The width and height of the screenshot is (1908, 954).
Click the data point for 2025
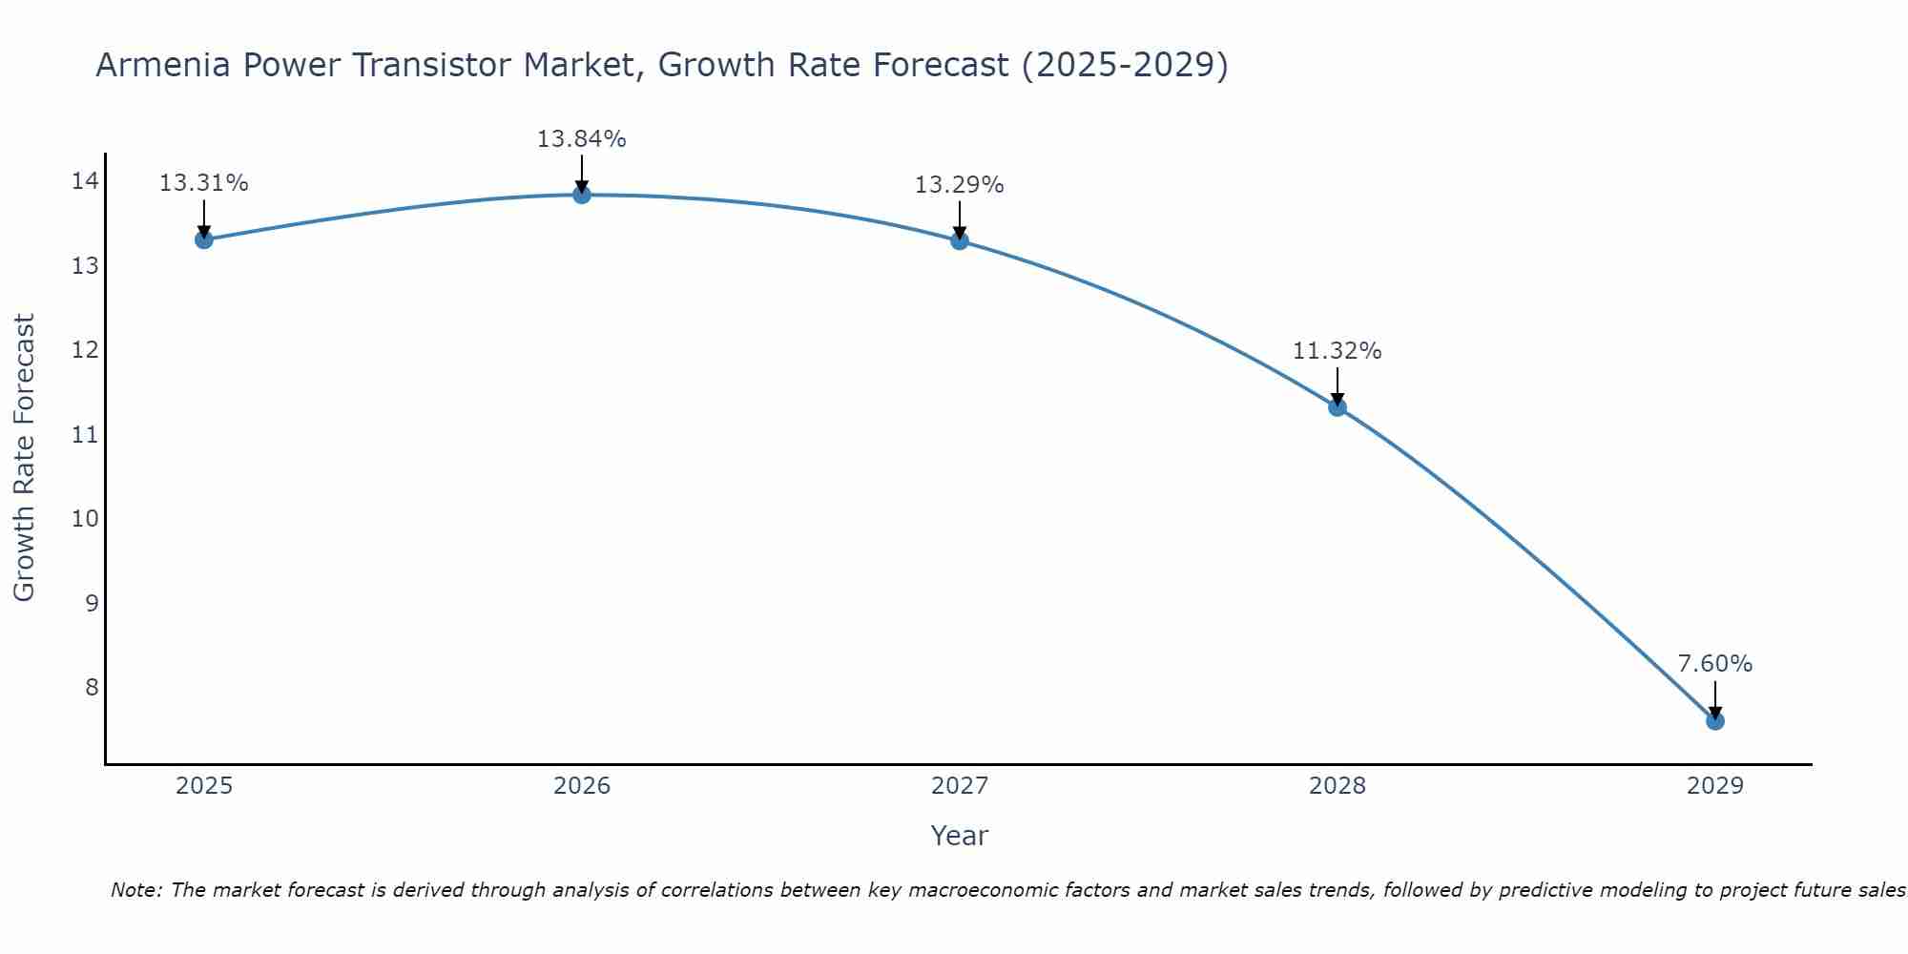(204, 239)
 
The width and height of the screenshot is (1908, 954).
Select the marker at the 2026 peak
(582, 195)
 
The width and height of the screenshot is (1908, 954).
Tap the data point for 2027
(960, 241)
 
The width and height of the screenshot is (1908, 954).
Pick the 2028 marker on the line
(1338, 407)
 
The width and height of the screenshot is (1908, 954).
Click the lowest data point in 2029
(1715, 721)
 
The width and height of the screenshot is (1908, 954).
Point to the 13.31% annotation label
(203, 183)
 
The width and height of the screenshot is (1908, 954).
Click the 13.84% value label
(581, 139)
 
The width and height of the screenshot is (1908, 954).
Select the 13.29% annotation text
(959, 185)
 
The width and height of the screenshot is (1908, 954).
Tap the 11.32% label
(1337, 351)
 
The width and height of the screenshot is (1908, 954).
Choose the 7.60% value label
(1714, 664)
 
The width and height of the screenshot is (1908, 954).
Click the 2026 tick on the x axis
(582, 786)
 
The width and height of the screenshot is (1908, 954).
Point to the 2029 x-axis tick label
(1714, 786)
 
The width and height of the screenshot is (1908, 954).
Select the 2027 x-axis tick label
(960, 786)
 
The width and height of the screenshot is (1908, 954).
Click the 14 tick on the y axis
(85, 181)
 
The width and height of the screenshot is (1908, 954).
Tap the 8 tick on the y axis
(92, 688)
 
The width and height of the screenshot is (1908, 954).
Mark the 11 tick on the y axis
(85, 435)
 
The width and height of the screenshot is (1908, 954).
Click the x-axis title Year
(959, 836)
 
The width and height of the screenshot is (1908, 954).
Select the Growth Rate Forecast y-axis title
(24, 458)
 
